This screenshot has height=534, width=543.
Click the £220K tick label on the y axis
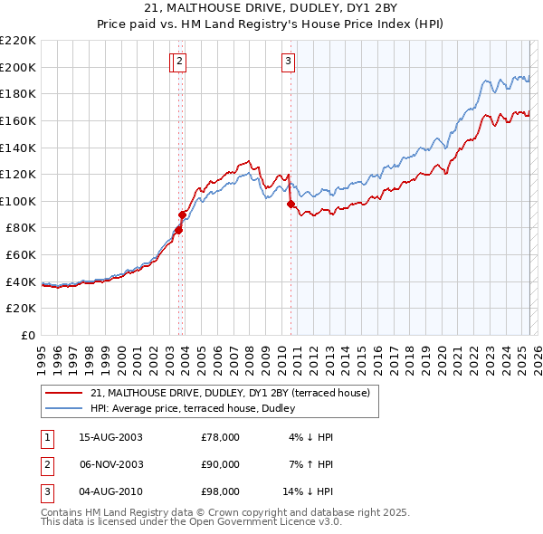(x=18, y=41)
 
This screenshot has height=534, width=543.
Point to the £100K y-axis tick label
(x=18, y=201)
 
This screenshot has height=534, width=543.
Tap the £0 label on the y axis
(x=28, y=335)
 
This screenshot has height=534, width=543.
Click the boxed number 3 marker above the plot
(x=288, y=62)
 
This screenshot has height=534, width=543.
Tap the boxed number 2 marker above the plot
(x=180, y=62)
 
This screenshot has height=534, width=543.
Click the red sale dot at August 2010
(x=291, y=205)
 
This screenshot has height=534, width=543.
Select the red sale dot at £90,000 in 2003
(x=183, y=215)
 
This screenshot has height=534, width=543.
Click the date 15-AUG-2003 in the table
(x=110, y=437)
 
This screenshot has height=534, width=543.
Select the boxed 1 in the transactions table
(x=47, y=437)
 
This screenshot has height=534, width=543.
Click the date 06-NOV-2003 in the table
(x=110, y=464)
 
